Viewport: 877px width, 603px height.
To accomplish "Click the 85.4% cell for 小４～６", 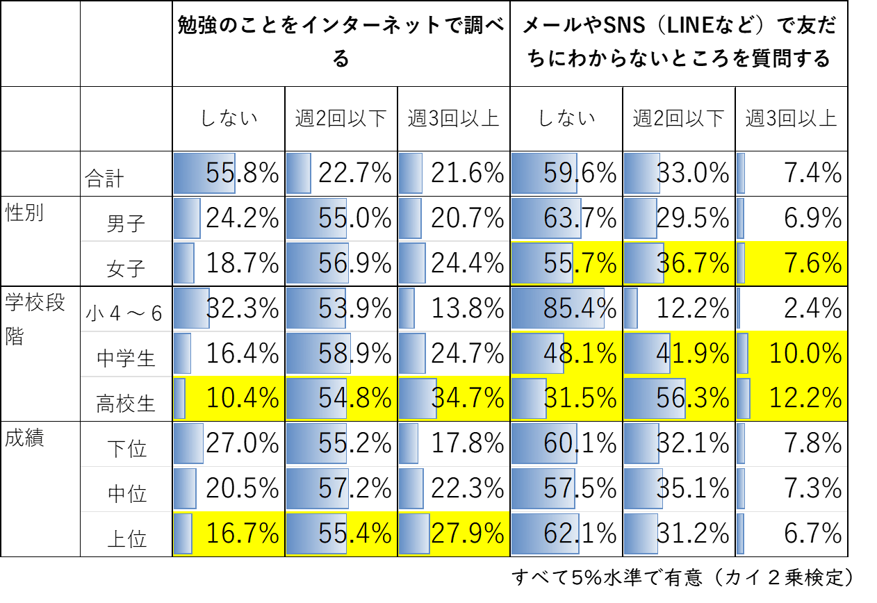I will point(566,308).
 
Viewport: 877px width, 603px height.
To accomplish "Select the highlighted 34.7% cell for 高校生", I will point(454,398).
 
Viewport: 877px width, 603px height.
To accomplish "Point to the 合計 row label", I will point(104,179).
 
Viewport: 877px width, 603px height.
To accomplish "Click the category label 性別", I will point(24,213).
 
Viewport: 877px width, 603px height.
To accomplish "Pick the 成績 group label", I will point(24,438).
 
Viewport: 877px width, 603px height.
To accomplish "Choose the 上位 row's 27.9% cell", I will point(454,534).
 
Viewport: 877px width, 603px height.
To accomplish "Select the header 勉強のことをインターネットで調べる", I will point(341,43).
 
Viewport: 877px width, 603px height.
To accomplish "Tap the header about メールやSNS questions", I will point(679,43).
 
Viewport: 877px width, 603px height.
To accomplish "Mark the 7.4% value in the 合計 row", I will point(792,173).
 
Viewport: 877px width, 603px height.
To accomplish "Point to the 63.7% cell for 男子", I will point(566,218).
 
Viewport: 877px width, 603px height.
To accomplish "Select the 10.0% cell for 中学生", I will point(792,354).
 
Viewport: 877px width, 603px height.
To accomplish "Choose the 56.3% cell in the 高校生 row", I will point(679,398).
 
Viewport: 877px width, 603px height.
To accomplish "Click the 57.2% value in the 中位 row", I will point(341,488).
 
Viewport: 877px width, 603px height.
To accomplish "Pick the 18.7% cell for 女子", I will point(229,263).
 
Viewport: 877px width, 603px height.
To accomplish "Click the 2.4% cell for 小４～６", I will point(792,308).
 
